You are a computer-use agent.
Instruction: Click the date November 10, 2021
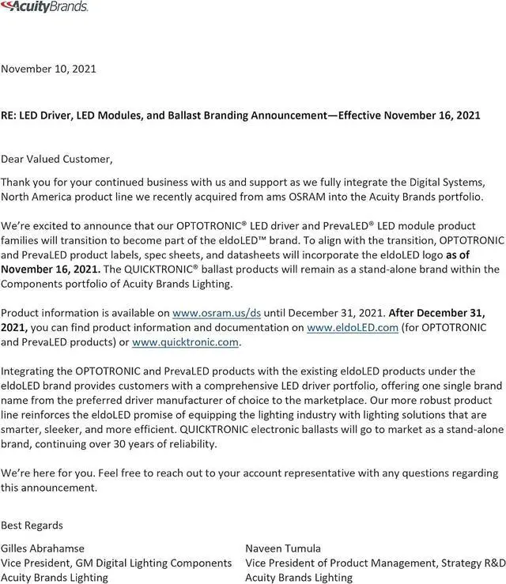[48, 69]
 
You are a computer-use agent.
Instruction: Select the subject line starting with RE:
[240, 115]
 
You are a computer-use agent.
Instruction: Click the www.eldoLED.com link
[352, 328]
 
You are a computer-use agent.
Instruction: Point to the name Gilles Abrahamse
[43, 548]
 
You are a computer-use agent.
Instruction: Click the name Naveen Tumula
[283, 548]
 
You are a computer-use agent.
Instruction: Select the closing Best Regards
[32, 525]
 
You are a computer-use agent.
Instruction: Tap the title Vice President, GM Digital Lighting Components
[116, 563]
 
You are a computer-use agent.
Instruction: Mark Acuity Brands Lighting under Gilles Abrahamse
[55, 578]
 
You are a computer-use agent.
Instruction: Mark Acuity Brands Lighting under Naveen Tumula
[299, 578]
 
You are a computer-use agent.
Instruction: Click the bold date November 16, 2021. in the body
[50, 268]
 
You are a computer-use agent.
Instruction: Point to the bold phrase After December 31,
[437, 313]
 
